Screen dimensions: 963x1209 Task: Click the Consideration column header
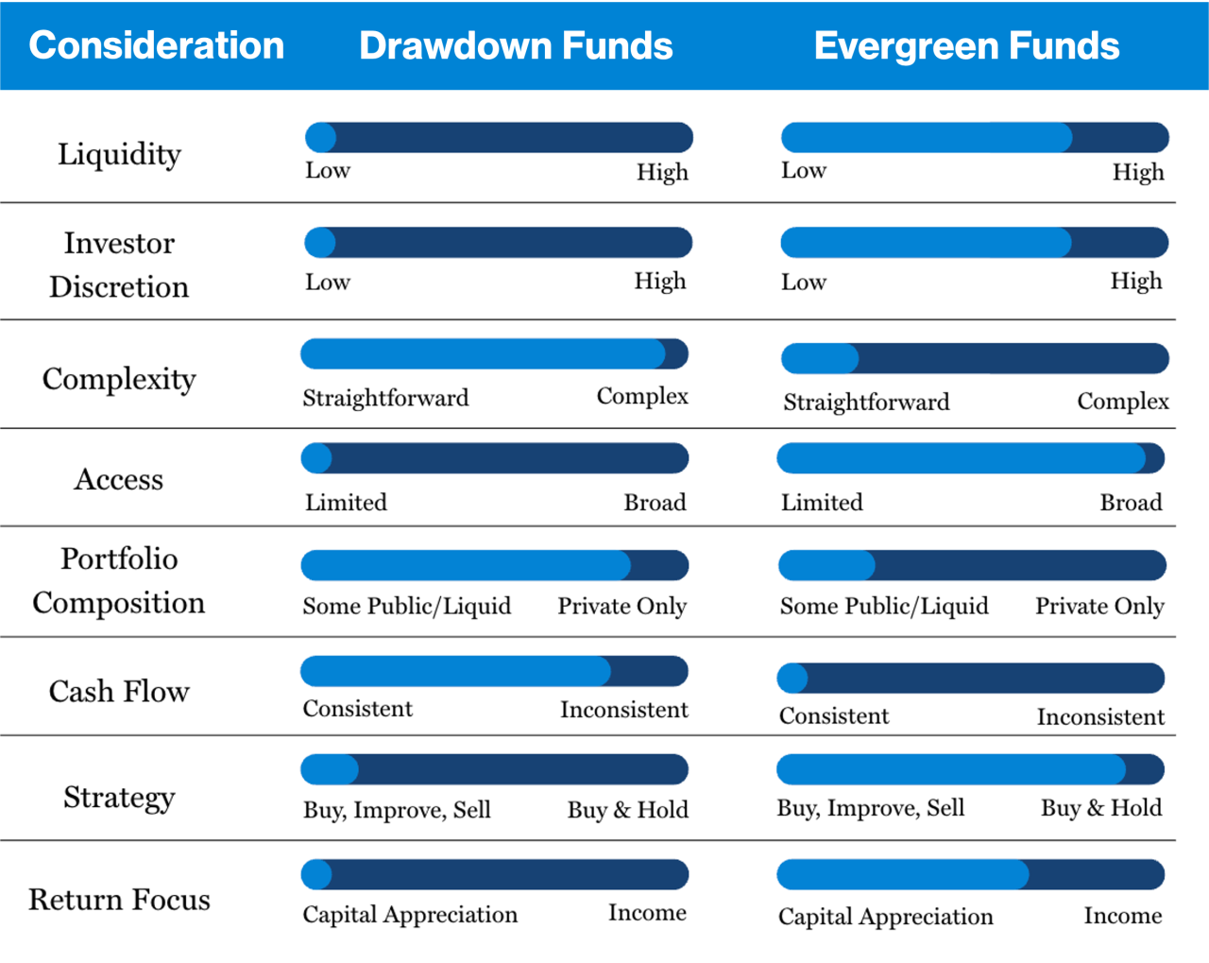(x=156, y=45)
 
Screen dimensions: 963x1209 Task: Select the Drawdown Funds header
(x=516, y=45)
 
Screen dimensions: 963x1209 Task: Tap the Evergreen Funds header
(x=966, y=45)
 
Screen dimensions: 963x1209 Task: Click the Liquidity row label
(x=119, y=154)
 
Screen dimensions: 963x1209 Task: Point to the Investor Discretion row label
(x=119, y=265)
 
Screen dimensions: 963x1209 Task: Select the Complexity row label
(x=119, y=379)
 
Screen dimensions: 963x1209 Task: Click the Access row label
(x=119, y=479)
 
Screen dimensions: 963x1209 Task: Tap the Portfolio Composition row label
(x=119, y=580)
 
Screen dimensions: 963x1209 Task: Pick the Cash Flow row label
(x=119, y=691)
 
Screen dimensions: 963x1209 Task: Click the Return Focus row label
(x=119, y=899)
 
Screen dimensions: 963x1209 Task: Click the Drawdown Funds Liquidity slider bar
(x=499, y=138)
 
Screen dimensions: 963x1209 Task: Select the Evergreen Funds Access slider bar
(x=970, y=458)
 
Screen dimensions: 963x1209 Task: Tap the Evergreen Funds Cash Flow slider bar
(x=970, y=678)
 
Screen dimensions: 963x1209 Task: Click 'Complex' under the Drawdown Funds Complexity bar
(x=642, y=396)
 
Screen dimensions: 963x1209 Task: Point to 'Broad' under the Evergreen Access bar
(x=1131, y=502)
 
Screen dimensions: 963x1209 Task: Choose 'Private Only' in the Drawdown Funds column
(x=622, y=606)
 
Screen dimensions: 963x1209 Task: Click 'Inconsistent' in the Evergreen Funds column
(x=1100, y=717)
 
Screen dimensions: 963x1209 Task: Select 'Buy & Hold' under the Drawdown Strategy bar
(x=627, y=810)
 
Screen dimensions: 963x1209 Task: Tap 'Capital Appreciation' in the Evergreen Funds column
(x=885, y=916)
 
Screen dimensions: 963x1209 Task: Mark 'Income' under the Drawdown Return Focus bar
(x=647, y=913)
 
